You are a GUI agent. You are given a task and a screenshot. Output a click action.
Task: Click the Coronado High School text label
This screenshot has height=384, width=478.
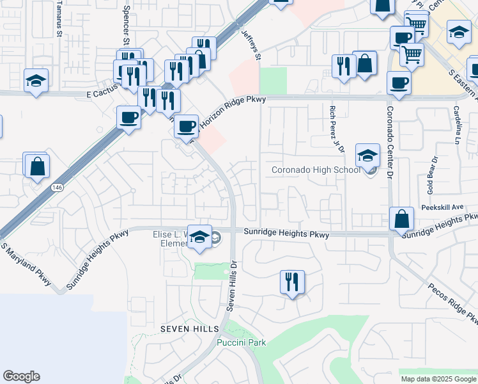click(x=316, y=170)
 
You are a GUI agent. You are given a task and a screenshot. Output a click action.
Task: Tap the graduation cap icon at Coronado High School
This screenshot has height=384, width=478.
click(x=367, y=157)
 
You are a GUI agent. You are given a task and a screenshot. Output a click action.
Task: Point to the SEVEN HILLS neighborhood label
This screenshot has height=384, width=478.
click(x=190, y=328)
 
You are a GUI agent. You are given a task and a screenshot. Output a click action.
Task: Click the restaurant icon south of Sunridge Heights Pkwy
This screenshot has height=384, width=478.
click(x=292, y=282)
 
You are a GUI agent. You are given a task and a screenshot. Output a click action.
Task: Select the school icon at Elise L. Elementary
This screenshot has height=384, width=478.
click(x=200, y=237)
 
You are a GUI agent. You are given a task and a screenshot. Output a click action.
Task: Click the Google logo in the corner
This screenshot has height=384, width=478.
click(x=21, y=376)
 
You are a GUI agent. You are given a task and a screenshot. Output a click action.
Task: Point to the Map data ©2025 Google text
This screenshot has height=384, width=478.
click(x=439, y=379)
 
